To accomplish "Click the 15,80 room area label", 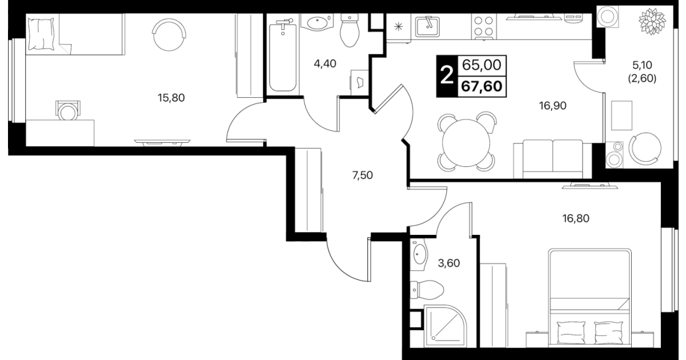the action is pyautogui.click(x=171, y=98).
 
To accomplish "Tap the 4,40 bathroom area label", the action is pyautogui.click(x=325, y=64).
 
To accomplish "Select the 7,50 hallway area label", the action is pyautogui.click(x=363, y=175).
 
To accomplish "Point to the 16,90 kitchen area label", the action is pyautogui.click(x=553, y=106).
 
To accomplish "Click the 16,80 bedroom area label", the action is pyautogui.click(x=576, y=219).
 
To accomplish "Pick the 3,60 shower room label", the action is pyautogui.click(x=449, y=263).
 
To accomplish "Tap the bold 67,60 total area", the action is pyautogui.click(x=482, y=86).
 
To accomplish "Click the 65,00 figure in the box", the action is pyautogui.click(x=482, y=65).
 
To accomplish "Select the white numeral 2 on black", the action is pyautogui.click(x=447, y=76).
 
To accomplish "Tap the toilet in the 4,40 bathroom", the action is pyautogui.click(x=350, y=30).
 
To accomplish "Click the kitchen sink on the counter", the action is pyautogui.click(x=427, y=26).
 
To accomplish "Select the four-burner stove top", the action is pyautogui.click(x=484, y=26).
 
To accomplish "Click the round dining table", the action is pyautogui.click(x=466, y=143).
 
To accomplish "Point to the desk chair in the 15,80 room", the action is pyautogui.click(x=67, y=111).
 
